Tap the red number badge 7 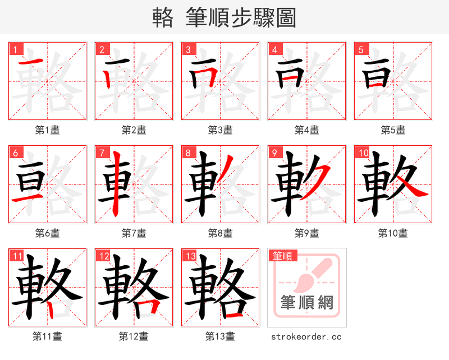pyautogui.click(x=102, y=153)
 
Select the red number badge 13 pyautogui.click(x=189, y=256)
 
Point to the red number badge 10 pyautogui.click(x=363, y=153)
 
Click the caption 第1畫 pyautogui.click(x=48, y=130)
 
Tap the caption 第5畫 pyautogui.click(x=393, y=130)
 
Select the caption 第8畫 pyautogui.click(x=220, y=233)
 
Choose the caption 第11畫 pyautogui.click(x=48, y=336)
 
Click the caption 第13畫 pyautogui.click(x=220, y=336)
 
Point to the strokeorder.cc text pyautogui.click(x=306, y=336)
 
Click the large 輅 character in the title pyautogui.click(x=162, y=18)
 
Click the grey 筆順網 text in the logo pyautogui.click(x=307, y=303)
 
